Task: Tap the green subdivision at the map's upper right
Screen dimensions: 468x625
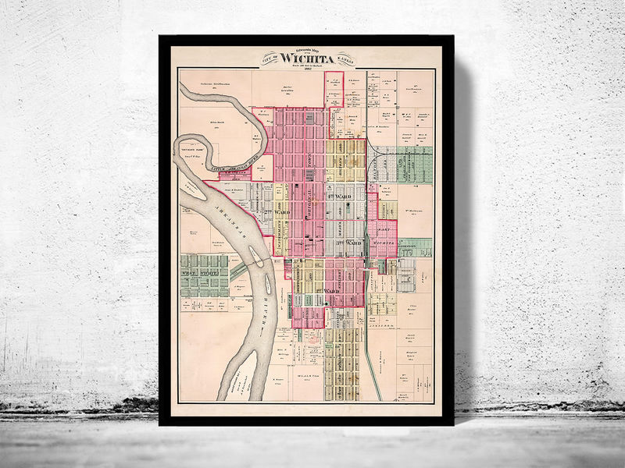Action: coord(414,164)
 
